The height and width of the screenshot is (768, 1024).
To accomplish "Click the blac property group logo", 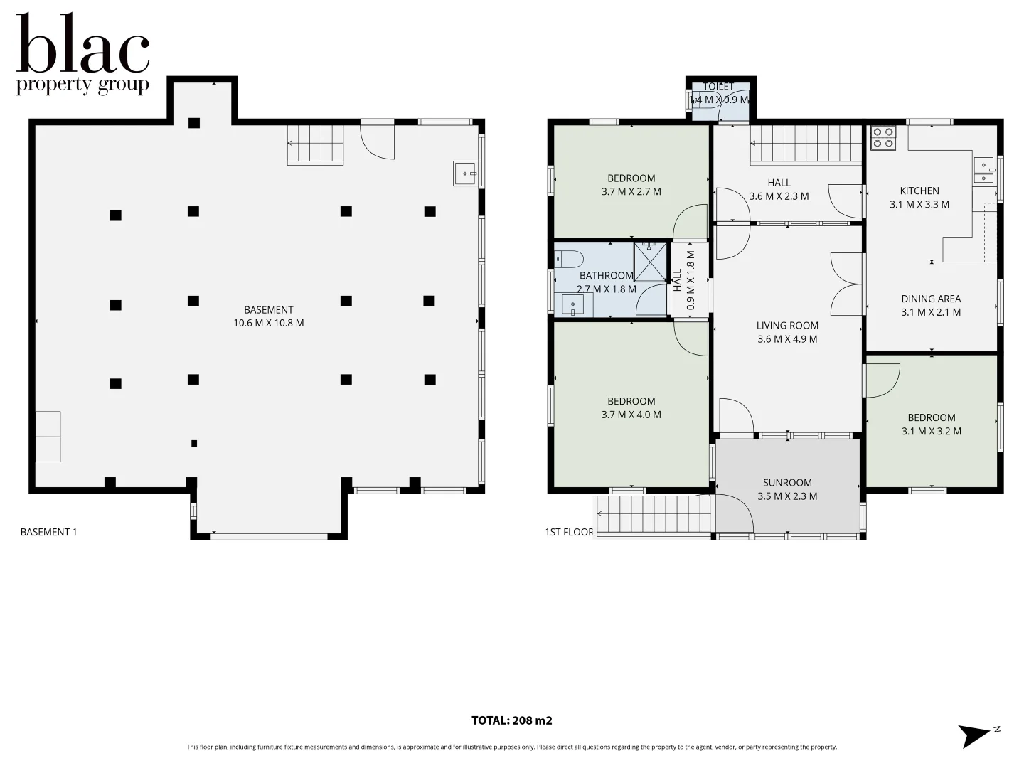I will (x=82, y=54).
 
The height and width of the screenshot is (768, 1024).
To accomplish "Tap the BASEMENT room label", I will (x=268, y=310).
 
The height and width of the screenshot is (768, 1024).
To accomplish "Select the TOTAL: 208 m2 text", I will (x=511, y=720).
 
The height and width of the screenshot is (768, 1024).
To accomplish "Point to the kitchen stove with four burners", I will (x=883, y=137).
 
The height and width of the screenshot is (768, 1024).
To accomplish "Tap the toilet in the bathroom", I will (x=570, y=258).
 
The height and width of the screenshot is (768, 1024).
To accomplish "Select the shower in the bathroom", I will (x=651, y=262).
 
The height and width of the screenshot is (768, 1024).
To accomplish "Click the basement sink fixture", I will (x=464, y=173).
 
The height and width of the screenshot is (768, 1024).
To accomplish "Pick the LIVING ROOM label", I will (x=787, y=326).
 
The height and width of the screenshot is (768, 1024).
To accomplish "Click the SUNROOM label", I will (x=787, y=483).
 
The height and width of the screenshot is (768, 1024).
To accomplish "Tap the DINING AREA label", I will (x=931, y=299).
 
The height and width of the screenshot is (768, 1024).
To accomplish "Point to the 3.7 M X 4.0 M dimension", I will (x=631, y=415).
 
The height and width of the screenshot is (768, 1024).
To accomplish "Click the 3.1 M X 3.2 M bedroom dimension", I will (x=931, y=431).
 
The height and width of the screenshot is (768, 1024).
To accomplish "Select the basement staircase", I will (x=315, y=144).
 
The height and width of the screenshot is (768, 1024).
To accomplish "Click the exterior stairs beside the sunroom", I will (x=654, y=513).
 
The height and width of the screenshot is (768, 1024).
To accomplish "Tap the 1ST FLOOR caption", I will (x=569, y=532).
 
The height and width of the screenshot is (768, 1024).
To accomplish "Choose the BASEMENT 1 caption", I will (x=48, y=532).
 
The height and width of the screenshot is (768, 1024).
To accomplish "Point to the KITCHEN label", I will (x=919, y=191).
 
